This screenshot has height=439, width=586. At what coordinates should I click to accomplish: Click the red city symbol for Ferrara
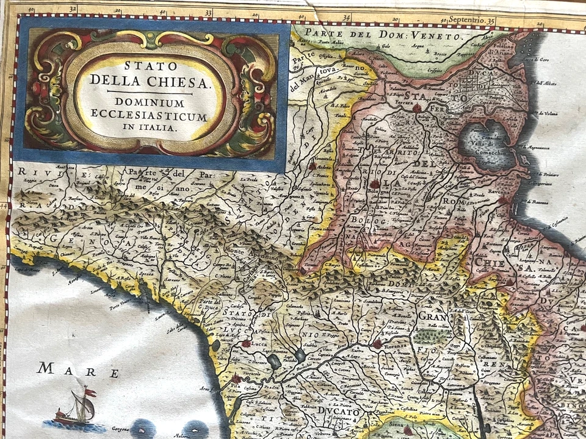[x=417, y=108]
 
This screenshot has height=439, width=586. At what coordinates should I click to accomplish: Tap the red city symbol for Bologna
[x=376, y=183]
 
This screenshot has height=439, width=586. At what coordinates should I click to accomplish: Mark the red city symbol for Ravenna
[x=502, y=199]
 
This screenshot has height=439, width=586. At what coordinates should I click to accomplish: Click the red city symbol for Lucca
[x=245, y=344]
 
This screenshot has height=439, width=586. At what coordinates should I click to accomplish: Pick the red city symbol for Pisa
[x=234, y=379]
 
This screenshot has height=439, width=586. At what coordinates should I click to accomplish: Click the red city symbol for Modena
[x=312, y=165]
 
